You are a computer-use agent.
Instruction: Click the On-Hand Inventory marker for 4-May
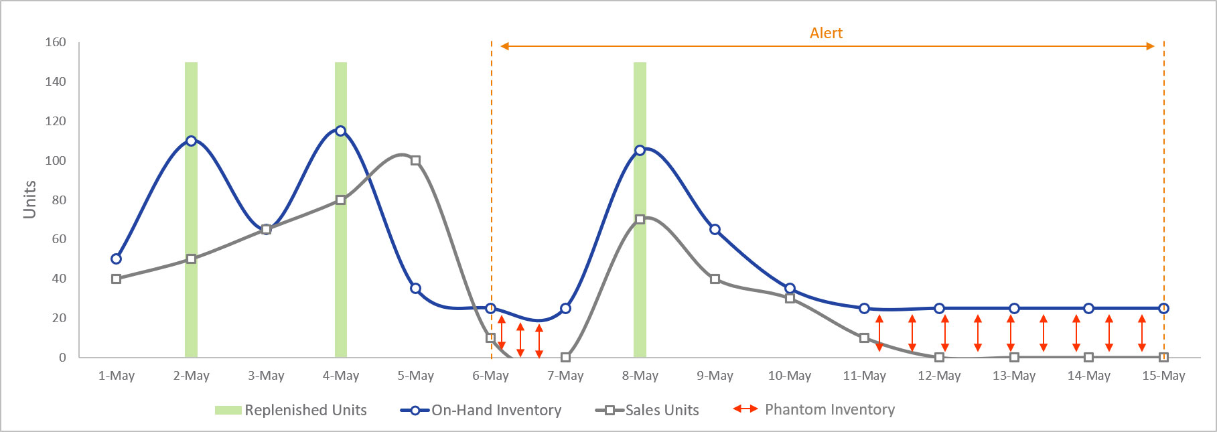(x=341, y=131)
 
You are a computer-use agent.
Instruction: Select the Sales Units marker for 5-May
(x=415, y=161)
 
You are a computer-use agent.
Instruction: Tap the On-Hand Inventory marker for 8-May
(x=640, y=151)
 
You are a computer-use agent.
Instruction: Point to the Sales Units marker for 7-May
(x=565, y=358)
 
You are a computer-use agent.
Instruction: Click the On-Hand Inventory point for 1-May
(x=117, y=259)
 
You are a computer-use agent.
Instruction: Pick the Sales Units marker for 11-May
(x=864, y=338)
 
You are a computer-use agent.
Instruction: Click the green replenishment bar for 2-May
(x=192, y=201)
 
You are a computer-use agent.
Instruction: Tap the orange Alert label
(x=826, y=33)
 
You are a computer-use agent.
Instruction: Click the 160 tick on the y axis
(x=56, y=42)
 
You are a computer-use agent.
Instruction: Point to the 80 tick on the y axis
(x=59, y=200)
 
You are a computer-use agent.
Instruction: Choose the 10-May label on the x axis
(x=790, y=376)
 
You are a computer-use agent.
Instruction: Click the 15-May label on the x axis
(x=1163, y=376)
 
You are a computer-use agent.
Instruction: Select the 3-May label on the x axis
(x=266, y=376)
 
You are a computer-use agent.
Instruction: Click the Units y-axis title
(x=29, y=200)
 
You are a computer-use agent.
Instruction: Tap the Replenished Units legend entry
(x=291, y=410)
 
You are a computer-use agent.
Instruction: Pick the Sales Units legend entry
(x=647, y=410)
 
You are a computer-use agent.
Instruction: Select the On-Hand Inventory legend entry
(x=481, y=410)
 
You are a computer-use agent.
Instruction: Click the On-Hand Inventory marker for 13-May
(x=1014, y=309)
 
